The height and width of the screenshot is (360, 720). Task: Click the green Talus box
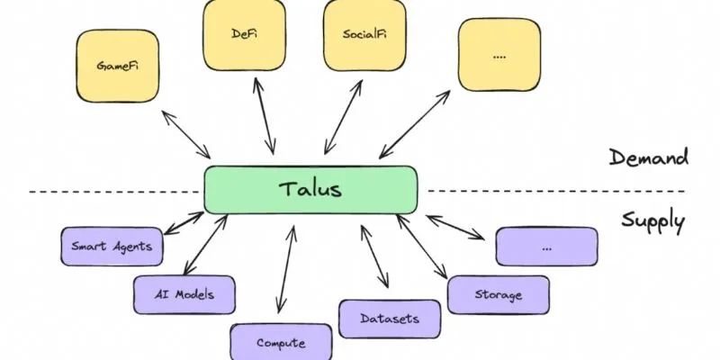(x=310, y=190)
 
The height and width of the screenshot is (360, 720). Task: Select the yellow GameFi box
(x=112, y=67)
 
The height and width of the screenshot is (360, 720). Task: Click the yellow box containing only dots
(x=499, y=54)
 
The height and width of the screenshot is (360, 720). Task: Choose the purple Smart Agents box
(x=112, y=246)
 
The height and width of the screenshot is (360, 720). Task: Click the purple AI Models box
(x=185, y=293)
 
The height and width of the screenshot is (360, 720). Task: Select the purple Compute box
(x=281, y=341)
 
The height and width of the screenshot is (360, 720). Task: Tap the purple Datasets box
(x=390, y=319)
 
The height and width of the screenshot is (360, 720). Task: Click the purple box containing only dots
(x=547, y=246)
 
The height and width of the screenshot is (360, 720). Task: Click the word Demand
(x=648, y=158)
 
